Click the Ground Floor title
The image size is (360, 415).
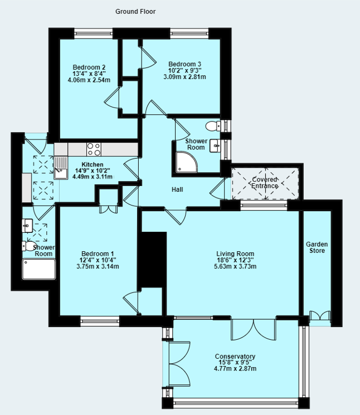[x=135, y=11]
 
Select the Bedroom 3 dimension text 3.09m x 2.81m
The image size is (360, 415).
[x=184, y=77]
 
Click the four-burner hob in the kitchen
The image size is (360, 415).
[x=94, y=149]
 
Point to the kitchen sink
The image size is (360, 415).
[x=60, y=165]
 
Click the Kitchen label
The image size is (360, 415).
[x=92, y=164]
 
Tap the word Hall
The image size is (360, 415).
[x=177, y=190]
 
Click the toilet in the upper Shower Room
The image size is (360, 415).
[x=212, y=125]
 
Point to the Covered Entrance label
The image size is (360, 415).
[x=265, y=182]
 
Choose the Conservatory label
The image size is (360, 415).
[x=235, y=357]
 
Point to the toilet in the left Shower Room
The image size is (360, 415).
[x=30, y=246]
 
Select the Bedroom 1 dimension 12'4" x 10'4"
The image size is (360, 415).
[x=97, y=260]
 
